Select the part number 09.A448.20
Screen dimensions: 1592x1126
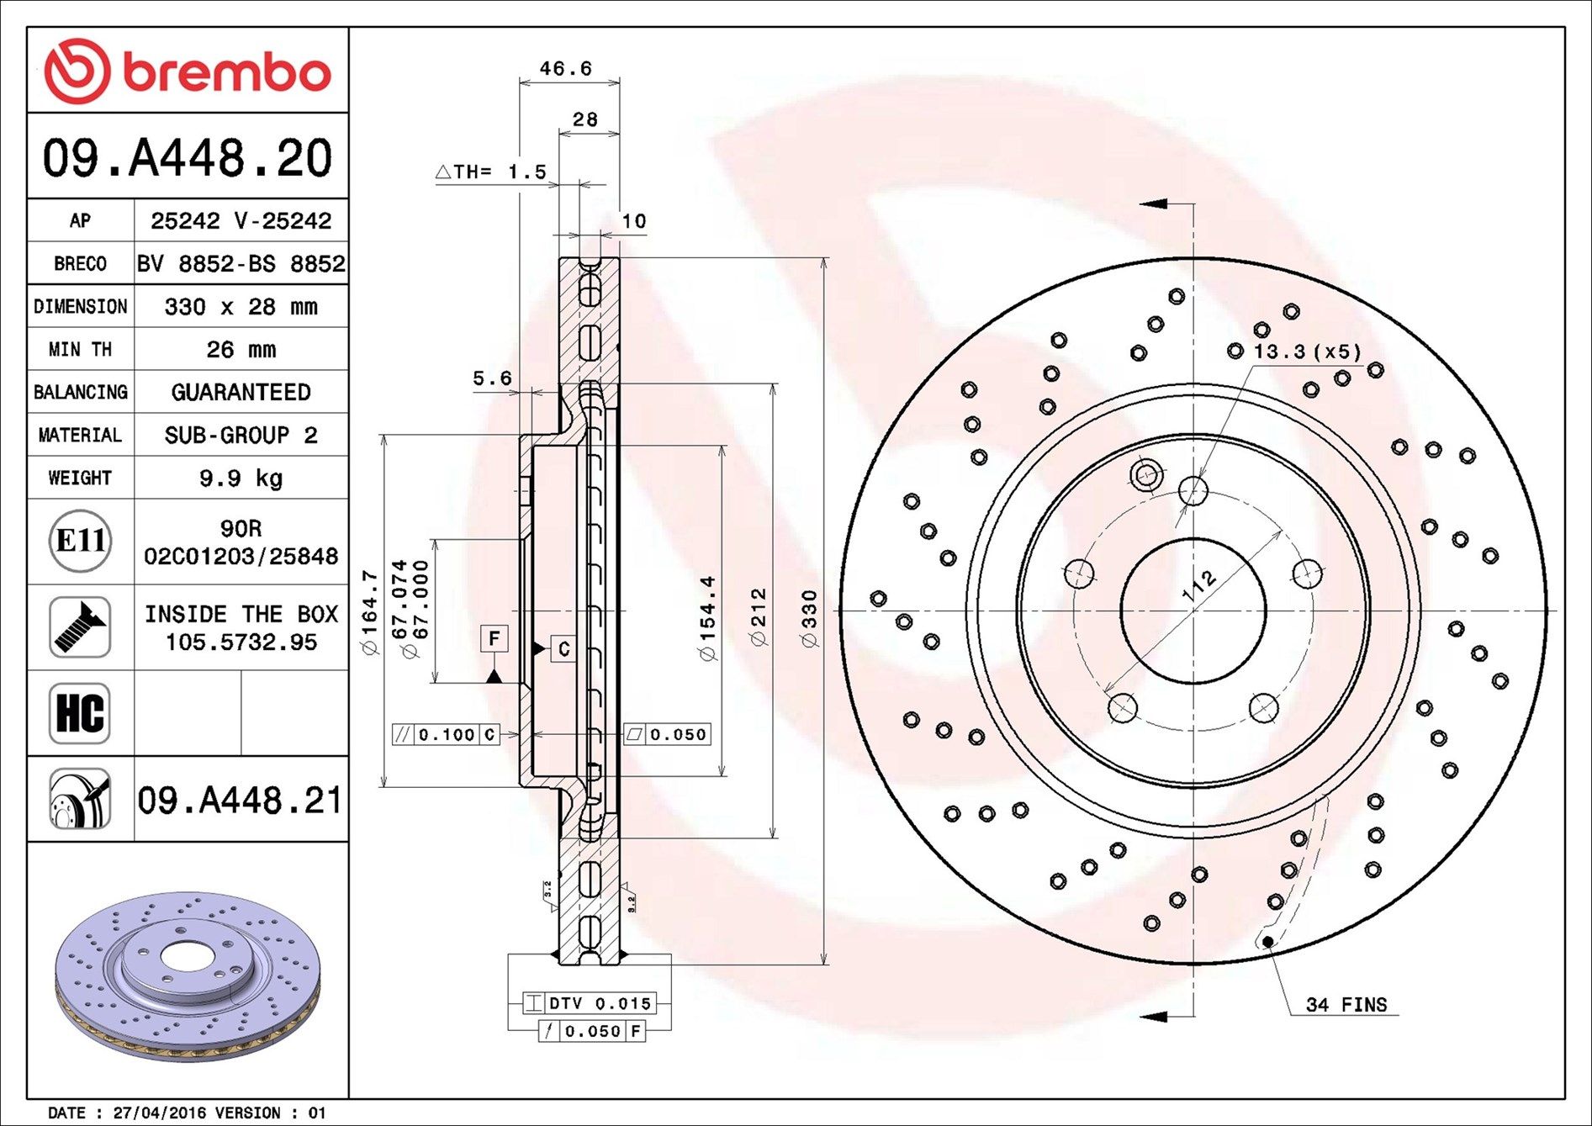(188, 157)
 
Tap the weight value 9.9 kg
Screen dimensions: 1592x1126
(241, 478)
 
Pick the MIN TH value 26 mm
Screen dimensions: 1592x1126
(241, 349)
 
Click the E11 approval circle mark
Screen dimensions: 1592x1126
(80, 541)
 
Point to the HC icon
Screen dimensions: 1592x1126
(80, 713)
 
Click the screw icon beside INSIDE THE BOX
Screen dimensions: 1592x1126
(80, 627)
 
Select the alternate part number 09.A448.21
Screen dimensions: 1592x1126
(241, 800)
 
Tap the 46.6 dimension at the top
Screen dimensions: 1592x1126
(565, 68)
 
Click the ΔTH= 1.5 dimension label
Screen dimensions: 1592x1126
(491, 172)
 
